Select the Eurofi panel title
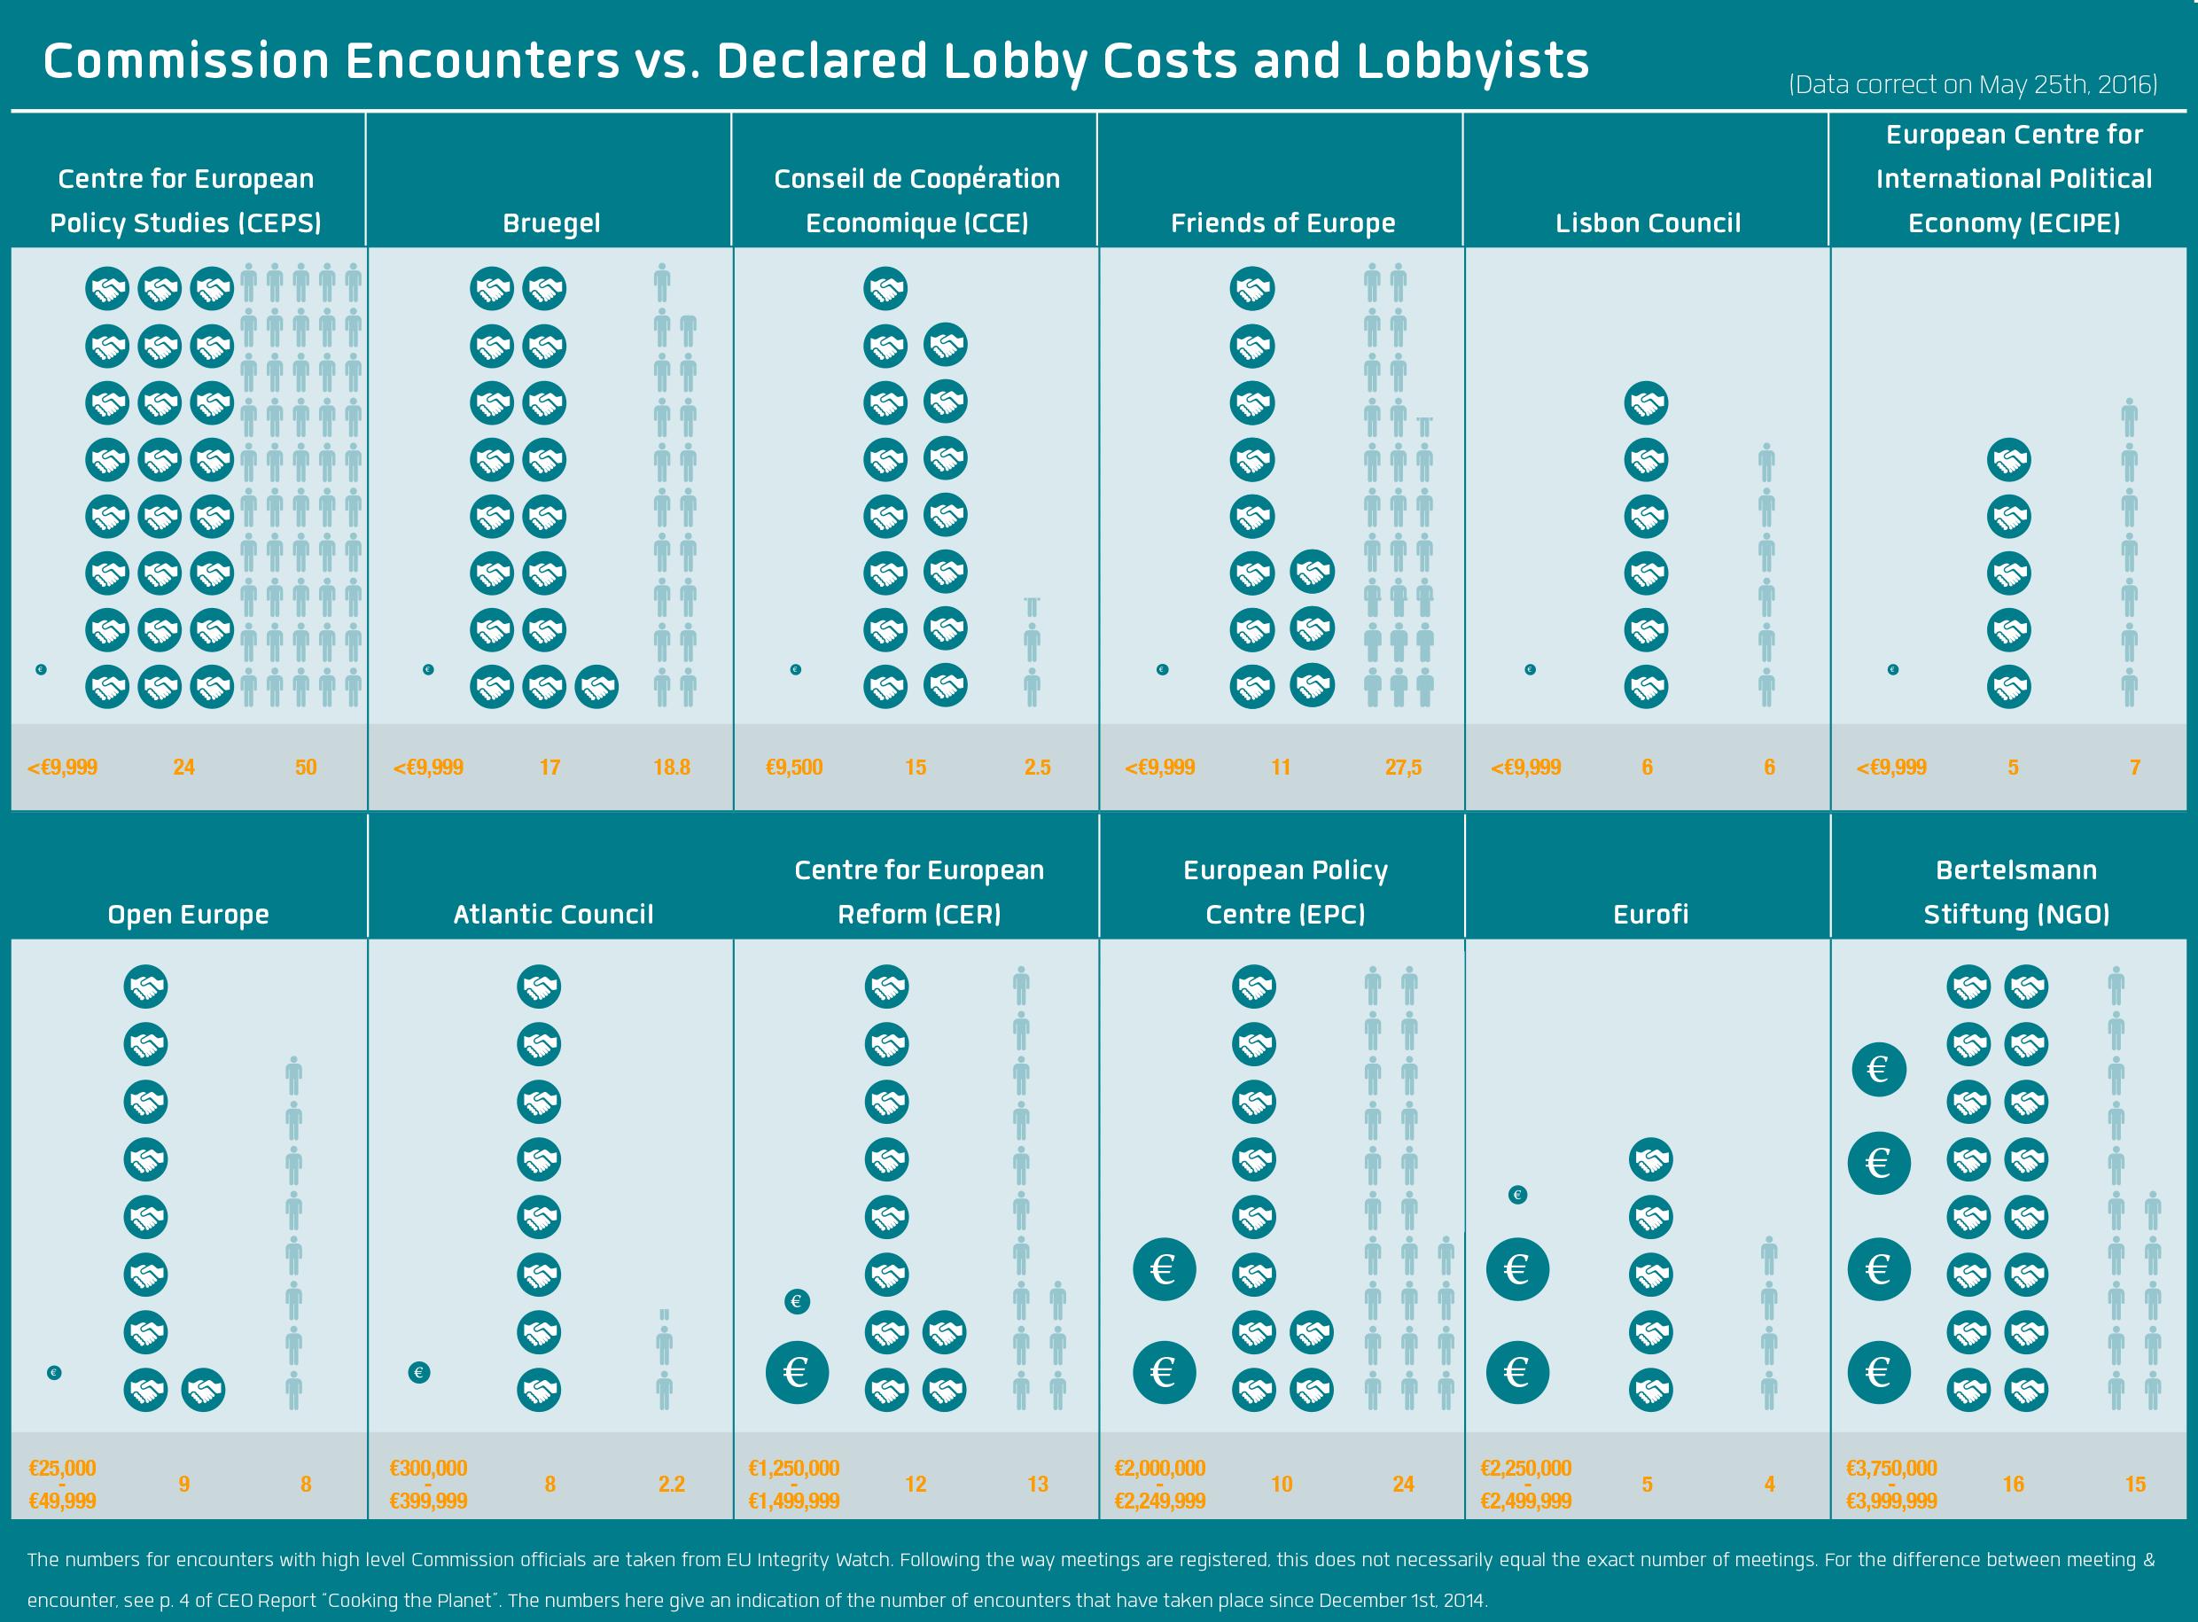click(x=1650, y=915)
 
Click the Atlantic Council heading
click(x=553, y=915)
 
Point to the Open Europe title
click(x=188, y=915)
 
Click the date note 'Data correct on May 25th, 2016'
click(x=1972, y=85)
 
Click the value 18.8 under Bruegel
click(x=672, y=768)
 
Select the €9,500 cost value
click(x=793, y=768)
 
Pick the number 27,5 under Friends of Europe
click(x=1403, y=768)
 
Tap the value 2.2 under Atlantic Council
click(x=672, y=1485)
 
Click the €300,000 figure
click(x=428, y=1469)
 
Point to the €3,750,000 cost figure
click(x=1890, y=1469)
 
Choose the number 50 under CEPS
click(x=305, y=768)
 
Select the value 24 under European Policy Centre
click(x=1403, y=1485)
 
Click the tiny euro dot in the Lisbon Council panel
click(x=1530, y=669)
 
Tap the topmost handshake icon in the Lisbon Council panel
click(x=1647, y=403)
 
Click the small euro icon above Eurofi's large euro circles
click(x=1516, y=1195)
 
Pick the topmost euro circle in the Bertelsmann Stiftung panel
click(x=1878, y=1069)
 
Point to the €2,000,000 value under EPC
click(x=1159, y=1469)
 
